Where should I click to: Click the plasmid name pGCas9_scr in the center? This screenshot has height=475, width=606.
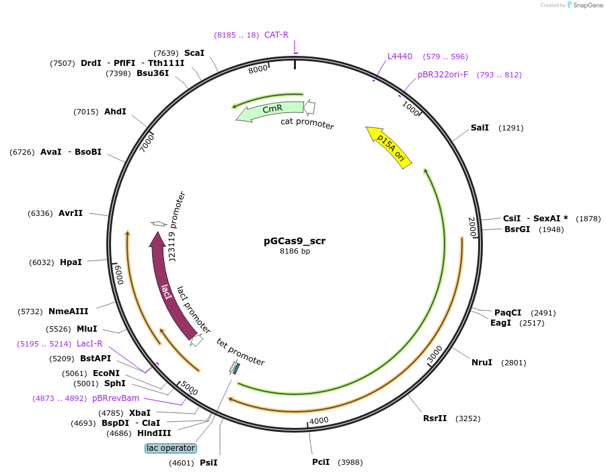pos(295,241)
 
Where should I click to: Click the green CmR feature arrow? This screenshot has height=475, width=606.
pos(270,110)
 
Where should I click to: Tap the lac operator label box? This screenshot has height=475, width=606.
pos(171,448)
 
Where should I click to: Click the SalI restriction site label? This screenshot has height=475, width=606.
pos(480,127)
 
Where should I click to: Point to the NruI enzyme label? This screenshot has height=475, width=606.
pos(482,363)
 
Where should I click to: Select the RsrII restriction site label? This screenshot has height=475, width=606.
pos(434,418)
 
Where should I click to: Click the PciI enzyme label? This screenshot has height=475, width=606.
pos(321,462)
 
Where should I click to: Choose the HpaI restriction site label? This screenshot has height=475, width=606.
pos(71,262)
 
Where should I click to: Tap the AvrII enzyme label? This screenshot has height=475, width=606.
pos(71,213)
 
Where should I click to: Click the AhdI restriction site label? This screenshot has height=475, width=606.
pos(115,112)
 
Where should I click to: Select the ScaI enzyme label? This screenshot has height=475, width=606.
pos(194,53)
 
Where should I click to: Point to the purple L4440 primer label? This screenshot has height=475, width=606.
pos(400,57)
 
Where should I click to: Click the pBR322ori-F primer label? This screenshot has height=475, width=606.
pos(443,75)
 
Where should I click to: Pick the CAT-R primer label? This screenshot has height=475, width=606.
pos(276,34)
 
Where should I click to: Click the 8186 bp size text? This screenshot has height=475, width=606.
pos(295,252)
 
